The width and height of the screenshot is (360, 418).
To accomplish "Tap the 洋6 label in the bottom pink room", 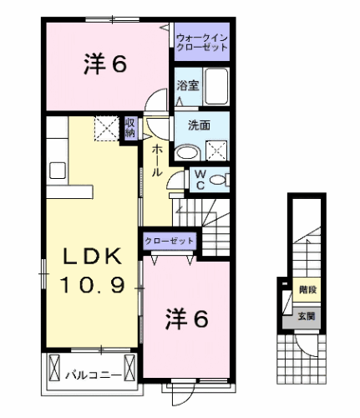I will pyautogui.click(x=185, y=319).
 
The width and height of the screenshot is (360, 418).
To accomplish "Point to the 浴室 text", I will pyautogui.click(x=187, y=84).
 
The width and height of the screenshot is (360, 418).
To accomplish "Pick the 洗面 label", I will pyautogui.click(x=199, y=125).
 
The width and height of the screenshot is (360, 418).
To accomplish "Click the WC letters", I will pyautogui.click(x=200, y=179).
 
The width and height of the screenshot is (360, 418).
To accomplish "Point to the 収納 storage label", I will pyautogui.click(x=130, y=127).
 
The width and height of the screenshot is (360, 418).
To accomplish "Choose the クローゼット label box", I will pyautogui.click(x=170, y=241).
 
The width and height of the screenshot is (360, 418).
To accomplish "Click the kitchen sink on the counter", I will pyautogui.click(x=57, y=170).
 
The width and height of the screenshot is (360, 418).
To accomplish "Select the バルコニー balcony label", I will pyautogui.click(x=91, y=373).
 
